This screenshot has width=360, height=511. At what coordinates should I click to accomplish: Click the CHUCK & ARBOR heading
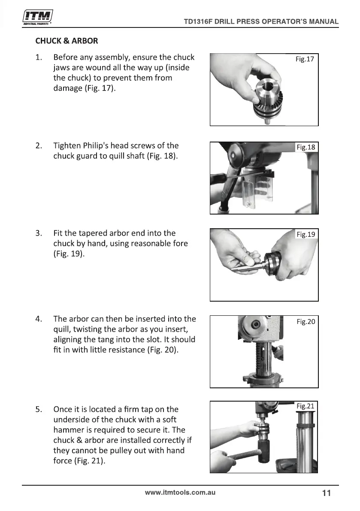pos(67,41)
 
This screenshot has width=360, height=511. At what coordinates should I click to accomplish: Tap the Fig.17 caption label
pos(305,59)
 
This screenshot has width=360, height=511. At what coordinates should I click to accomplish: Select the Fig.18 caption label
pos(306,147)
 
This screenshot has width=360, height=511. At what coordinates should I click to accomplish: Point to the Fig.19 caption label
pos(306,234)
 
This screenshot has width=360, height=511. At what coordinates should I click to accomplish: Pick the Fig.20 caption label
pos(306,322)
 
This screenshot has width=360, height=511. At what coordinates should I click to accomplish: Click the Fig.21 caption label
pos(305,406)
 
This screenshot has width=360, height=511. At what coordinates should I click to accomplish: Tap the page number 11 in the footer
pos(327,493)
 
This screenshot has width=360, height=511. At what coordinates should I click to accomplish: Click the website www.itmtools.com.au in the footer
pos(180,493)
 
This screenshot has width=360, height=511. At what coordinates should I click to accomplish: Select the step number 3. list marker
pos(39,233)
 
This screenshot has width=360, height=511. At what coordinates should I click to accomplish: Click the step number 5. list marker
pos(39,409)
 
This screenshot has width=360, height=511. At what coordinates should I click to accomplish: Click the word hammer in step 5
pos(67,430)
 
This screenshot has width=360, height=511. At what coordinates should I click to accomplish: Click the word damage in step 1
pos(68,88)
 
